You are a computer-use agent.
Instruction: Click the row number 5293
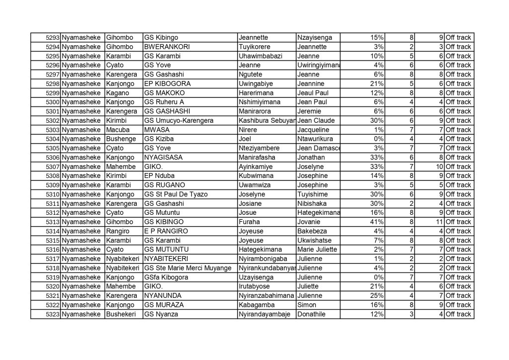pos(52,38)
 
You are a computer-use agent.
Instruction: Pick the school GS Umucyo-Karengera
pos(176,120)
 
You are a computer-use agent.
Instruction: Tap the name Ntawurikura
pos(315,139)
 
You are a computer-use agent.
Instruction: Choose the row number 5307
pos(52,167)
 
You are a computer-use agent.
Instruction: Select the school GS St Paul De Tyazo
pos(175,194)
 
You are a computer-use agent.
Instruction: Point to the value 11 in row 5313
pos(439,222)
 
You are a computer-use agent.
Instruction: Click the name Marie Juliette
pos(317,250)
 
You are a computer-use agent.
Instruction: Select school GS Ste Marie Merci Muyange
pos(187,268)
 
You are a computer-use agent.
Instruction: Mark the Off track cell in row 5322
pos(458,305)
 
